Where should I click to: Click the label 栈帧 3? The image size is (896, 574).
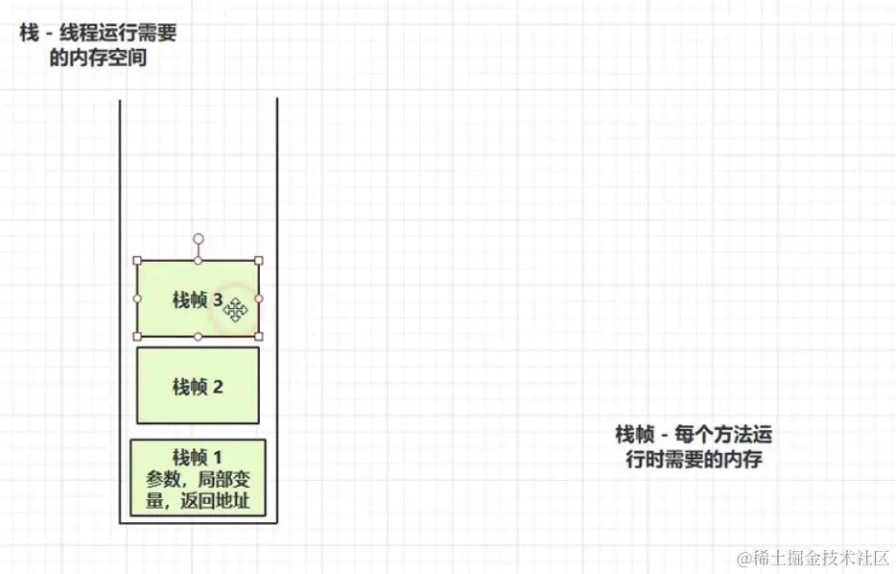point(197,300)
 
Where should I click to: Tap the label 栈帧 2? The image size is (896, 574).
point(198,386)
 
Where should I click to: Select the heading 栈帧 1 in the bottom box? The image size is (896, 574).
point(198,456)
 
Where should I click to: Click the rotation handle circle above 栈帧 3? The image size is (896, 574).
point(199,238)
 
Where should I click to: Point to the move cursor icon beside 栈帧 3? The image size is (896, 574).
point(236,308)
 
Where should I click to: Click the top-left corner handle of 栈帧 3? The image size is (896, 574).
point(137,260)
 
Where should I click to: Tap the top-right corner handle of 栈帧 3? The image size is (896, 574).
point(259,260)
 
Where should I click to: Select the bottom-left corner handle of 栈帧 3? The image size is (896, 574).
point(137,336)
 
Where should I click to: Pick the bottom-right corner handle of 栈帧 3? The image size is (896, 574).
point(259,336)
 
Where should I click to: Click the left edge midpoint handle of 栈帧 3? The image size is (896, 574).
point(137,299)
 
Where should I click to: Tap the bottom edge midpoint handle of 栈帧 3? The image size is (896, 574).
point(199,336)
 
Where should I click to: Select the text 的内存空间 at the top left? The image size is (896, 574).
point(98,58)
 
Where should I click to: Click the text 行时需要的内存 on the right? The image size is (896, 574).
point(694,459)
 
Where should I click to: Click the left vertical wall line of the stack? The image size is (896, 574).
point(120,307)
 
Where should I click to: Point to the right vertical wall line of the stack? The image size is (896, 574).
point(277,307)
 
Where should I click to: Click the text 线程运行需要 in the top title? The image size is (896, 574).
point(119,33)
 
